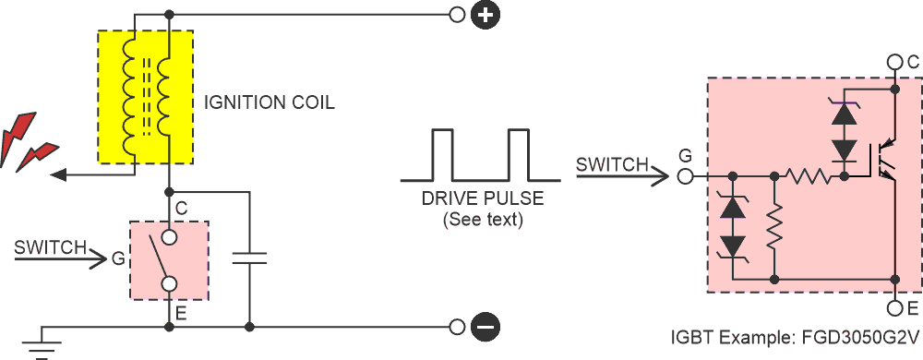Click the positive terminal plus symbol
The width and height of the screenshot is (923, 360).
pyautogui.click(x=485, y=15)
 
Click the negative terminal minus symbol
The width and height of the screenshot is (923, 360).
pyautogui.click(x=485, y=326)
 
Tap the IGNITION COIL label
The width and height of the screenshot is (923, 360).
pyautogui.click(x=269, y=102)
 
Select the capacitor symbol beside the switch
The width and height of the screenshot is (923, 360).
pyautogui.click(x=249, y=257)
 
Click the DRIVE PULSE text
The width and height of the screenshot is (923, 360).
pyautogui.click(x=482, y=199)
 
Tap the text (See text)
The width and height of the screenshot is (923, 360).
pyautogui.click(x=482, y=220)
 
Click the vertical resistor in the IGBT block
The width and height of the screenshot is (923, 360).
pyautogui.click(x=775, y=227)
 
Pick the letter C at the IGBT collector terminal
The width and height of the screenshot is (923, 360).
pyautogui.click(x=913, y=62)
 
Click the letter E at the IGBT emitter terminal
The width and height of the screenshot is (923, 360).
pyautogui.click(x=913, y=307)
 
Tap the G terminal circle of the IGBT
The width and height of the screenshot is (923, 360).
pyautogui.click(x=685, y=174)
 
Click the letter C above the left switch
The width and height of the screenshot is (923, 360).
pyautogui.click(x=181, y=210)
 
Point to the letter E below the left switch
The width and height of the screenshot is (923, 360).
pyautogui.click(x=181, y=314)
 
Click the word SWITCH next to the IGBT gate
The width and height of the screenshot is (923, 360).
pyautogui.click(x=612, y=165)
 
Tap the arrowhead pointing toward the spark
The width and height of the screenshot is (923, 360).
pyautogui.click(x=58, y=174)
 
